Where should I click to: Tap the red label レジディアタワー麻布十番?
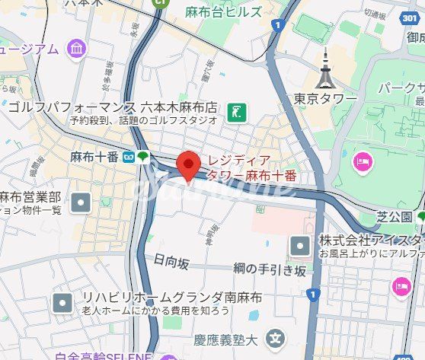coord(250,168)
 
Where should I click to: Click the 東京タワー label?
coord(325,99)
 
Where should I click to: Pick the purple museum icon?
coord(77,49)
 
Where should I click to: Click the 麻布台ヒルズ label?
coord(223,11)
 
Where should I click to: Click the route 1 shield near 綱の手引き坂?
coord(310,293)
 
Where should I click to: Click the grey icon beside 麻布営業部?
coord(81,202)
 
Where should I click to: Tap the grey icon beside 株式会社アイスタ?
coord(301,246)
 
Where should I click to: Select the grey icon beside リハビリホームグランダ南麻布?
coord(62,304)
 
